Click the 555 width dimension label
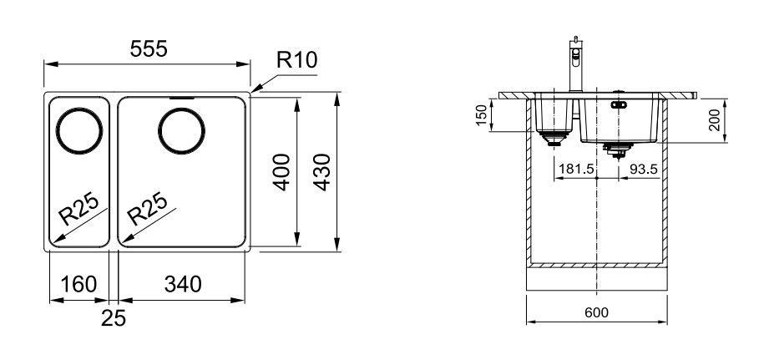149,48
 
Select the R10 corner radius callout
296,59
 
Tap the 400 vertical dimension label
281,172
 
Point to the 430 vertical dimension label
322,172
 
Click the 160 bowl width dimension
78,284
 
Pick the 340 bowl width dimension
183,284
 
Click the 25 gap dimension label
114,318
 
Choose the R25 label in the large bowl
147,209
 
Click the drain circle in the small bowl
79,131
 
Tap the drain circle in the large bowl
182,131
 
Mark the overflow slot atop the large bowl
182,98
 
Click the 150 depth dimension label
482,115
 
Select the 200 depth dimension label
714,119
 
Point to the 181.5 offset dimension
576,169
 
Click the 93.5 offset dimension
644,169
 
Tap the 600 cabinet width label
596,312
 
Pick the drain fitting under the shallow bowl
553,139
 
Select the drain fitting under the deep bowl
619,151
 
